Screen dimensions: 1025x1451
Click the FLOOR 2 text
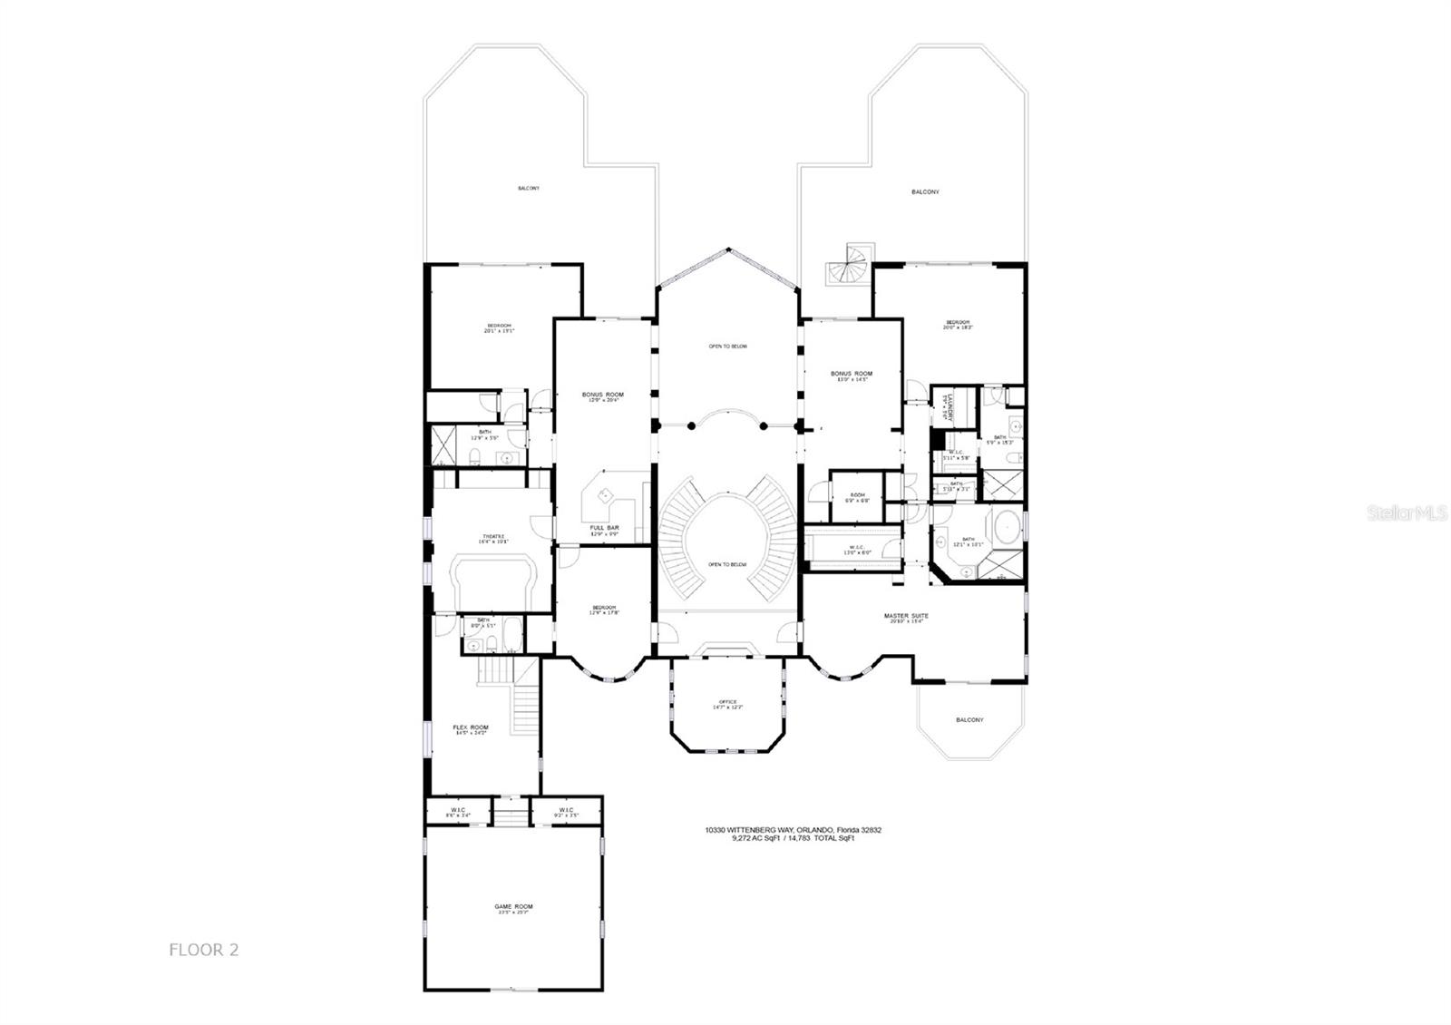203,951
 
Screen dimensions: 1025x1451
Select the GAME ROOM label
513,906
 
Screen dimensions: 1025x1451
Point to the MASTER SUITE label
906,616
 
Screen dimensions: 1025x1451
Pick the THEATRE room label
493,536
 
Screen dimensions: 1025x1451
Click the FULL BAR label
604,528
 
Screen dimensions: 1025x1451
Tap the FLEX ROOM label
471,727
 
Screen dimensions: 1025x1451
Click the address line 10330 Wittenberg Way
794,830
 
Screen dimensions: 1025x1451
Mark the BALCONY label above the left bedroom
528,188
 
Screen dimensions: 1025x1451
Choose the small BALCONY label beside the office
969,720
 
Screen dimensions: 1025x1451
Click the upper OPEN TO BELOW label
727,347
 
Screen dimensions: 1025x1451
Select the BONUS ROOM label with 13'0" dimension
852,374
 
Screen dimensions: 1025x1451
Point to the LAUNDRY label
944,405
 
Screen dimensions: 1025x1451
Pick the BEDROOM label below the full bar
604,608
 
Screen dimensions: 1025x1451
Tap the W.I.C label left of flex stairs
458,810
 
